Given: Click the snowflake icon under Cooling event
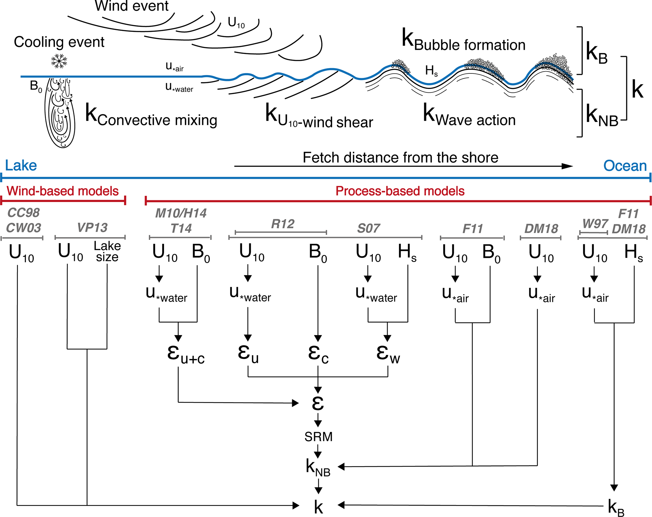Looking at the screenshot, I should (x=59, y=61).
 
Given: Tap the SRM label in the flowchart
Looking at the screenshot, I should (x=318, y=437).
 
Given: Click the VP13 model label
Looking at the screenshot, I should (x=92, y=228).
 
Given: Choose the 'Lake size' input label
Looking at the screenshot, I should (x=107, y=252).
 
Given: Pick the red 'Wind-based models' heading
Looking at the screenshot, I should (x=62, y=191).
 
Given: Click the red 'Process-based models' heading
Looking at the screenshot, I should (x=400, y=191).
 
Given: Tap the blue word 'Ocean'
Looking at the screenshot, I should (x=625, y=166).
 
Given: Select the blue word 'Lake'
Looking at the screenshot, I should (x=21, y=166).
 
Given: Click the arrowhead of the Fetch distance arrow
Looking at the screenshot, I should (x=567, y=166).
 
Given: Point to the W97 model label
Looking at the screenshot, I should (x=595, y=224).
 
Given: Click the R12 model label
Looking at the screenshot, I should (x=283, y=224).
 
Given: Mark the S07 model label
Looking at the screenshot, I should (x=368, y=229).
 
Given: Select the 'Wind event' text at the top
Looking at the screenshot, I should (x=132, y=6).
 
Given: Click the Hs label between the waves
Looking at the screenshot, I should (x=431, y=71).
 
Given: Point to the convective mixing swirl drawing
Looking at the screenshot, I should (x=60, y=113).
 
